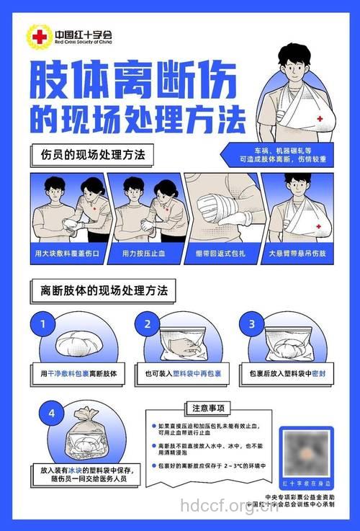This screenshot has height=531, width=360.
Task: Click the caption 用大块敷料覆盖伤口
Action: point(71,254)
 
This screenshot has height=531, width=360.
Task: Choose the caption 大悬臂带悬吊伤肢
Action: point(297,254)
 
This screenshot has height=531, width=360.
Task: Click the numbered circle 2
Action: point(148,324)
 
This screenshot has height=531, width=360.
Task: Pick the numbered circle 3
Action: point(252,324)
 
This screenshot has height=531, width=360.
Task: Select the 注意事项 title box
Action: point(207,409)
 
